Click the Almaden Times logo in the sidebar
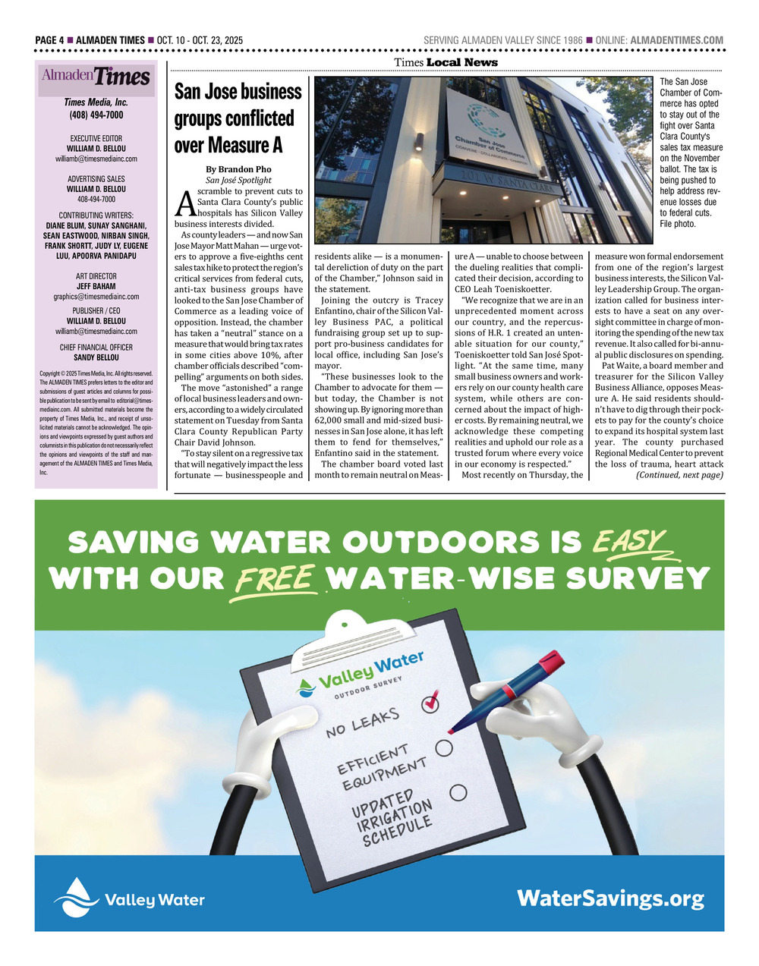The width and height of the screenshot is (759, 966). coord(96,76)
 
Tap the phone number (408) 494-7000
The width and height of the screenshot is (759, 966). coord(96,115)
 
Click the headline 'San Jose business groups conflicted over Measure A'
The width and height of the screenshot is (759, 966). coord(238,118)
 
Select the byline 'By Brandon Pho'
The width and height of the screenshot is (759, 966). coord(238,169)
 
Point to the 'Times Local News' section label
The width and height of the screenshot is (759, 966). coord(446,62)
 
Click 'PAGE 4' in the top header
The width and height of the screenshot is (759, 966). coord(49,40)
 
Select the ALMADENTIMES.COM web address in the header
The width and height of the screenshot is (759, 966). coord(677,40)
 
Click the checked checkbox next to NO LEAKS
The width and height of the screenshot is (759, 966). coord(430,702)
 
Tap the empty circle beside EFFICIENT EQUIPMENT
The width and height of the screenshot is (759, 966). coord(444,747)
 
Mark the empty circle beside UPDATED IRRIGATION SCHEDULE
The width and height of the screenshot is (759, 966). coord(458,792)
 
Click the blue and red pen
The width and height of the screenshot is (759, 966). coord(508,694)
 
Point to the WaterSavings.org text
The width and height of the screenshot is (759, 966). coord(610,899)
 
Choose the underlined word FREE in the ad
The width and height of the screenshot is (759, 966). coord(275,579)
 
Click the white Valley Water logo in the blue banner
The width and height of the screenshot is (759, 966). coord(129,898)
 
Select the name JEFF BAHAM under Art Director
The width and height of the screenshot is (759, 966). coord(96,287)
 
